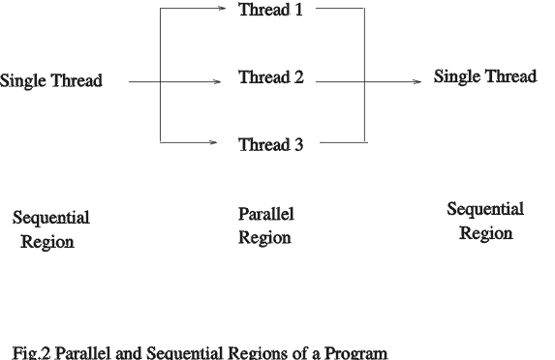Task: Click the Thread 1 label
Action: (x=271, y=11)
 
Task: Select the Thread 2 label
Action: (x=271, y=78)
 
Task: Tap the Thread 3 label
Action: (x=271, y=145)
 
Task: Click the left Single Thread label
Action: (x=51, y=81)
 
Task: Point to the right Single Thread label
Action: (x=485, y=77)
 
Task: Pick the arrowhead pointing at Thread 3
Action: (x=213, y=143)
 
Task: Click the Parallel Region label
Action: (x=265, y=225)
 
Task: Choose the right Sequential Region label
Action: (x=485, y=222)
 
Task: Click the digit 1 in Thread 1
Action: (x=299, y=11)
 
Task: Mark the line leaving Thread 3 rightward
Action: (x=343, y=143)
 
